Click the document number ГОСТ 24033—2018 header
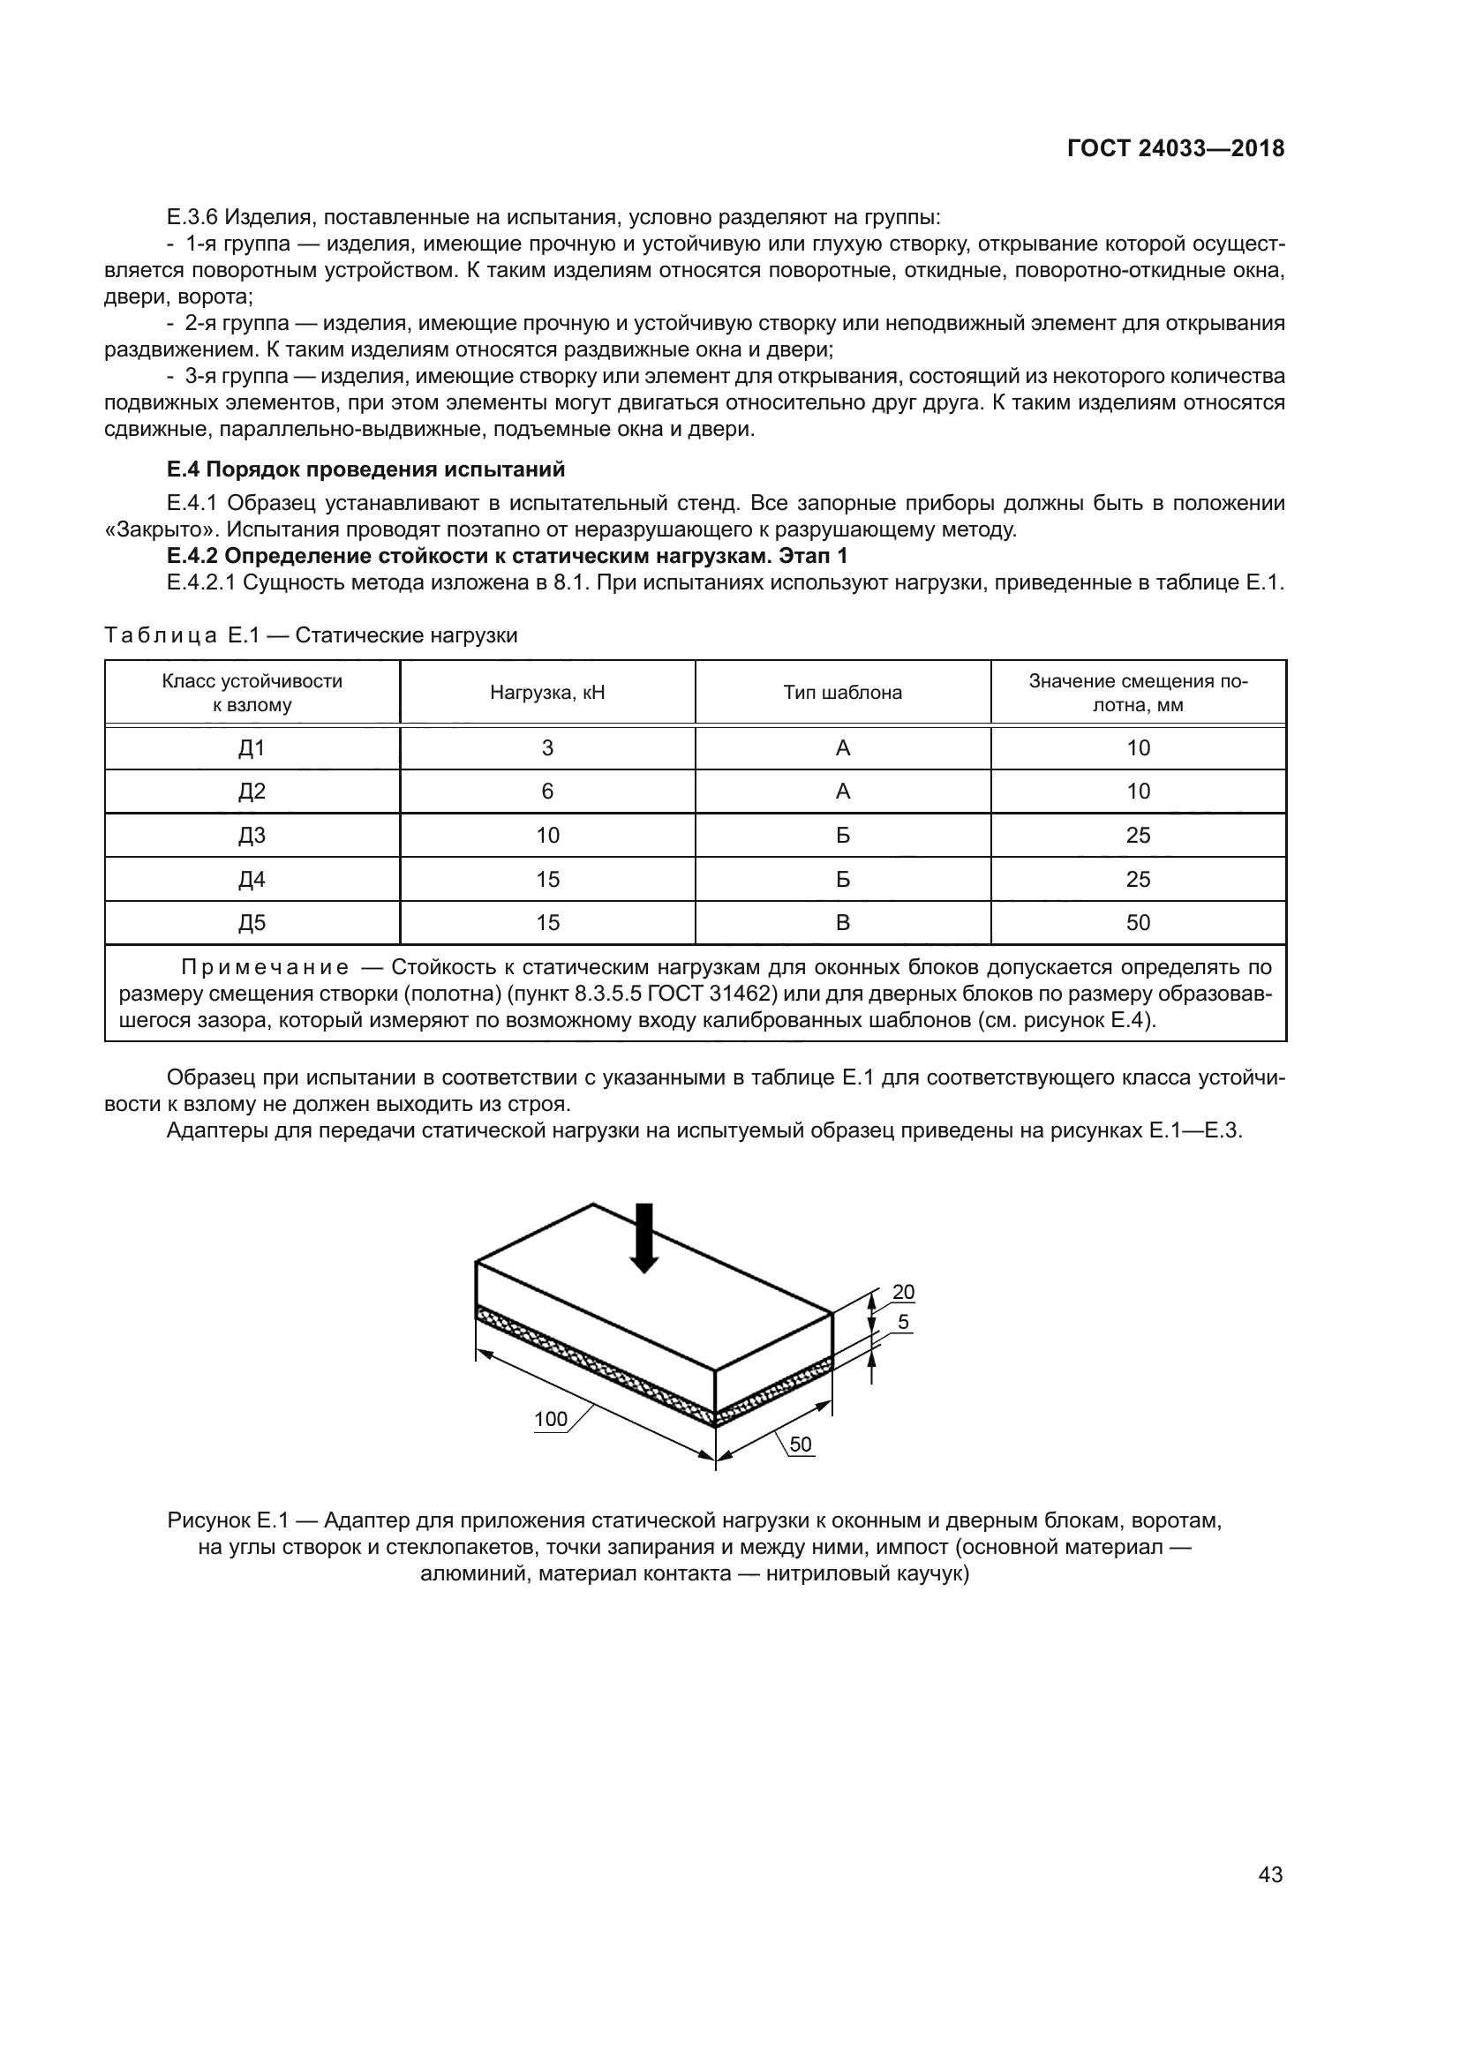[x=1175, y=148]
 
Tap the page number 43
[x=1270, y=1874]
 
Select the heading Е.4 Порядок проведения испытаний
[x=365, y=469]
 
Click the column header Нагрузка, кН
[x=546, y=692]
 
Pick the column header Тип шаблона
[x=842, y=692]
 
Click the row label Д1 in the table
[x=252, y=748]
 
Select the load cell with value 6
[x=546, y=791]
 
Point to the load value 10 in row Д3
[x=546, y=835]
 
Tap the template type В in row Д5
[x=842, y=922]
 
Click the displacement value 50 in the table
[x=1138, y=922]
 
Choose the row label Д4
[x=252, y=879]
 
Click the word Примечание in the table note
[x=265, y=967]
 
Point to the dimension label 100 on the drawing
[x=550, y=1419]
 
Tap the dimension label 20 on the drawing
[x=903, y=1292]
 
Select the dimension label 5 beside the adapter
[x=903, y=1322]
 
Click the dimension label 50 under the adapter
[x=800, y=1444]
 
